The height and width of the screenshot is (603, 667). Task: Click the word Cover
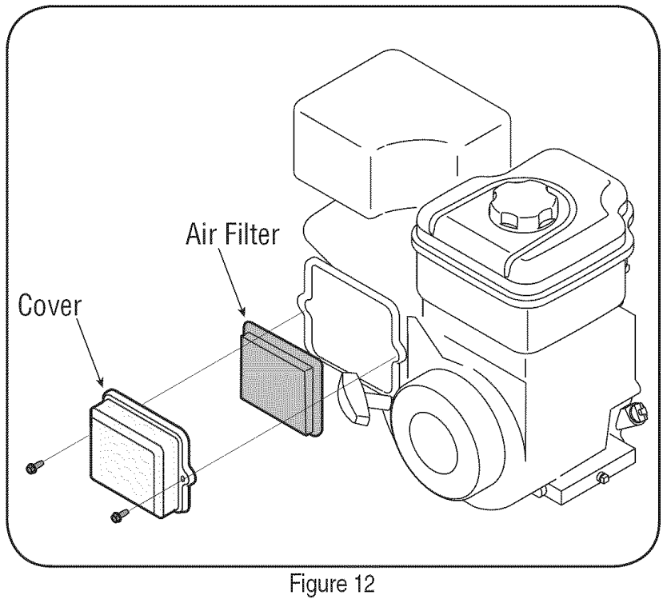click(50, 305)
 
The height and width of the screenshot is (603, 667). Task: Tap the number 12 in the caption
click(361, 584)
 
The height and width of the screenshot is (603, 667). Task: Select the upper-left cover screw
click(35, 466)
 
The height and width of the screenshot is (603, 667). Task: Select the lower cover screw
click(121, 514)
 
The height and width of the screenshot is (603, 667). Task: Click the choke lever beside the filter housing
click(353, 397)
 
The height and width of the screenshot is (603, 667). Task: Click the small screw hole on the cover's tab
click(184, 479)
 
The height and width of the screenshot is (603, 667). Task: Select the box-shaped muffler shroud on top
click(401, 135)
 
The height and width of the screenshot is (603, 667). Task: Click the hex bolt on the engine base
click(603, 477)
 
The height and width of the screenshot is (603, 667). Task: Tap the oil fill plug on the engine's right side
click(634, 413)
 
